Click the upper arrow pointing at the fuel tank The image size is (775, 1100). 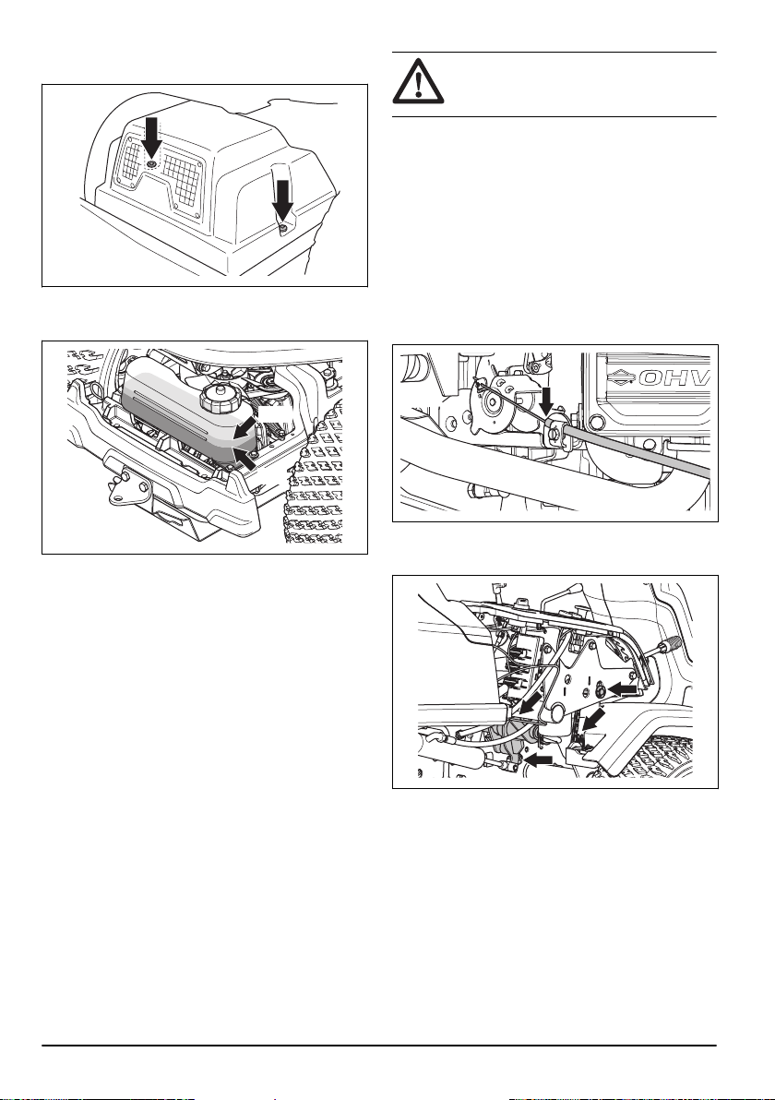point(244,429)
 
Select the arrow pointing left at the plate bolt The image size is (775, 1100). point(623,690)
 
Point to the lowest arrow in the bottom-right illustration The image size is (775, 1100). point(537,759)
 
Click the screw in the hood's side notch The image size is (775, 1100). point(282,228)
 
